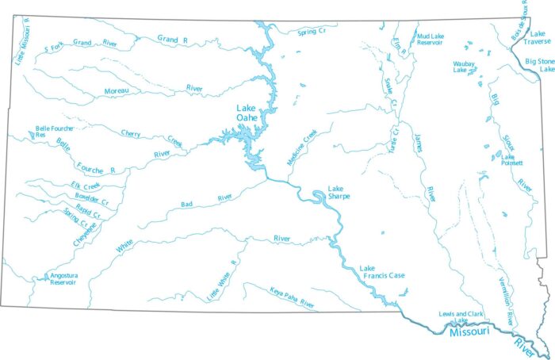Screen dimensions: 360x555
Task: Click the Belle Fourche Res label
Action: [52, 131]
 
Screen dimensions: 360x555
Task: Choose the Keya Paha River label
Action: [292, 297]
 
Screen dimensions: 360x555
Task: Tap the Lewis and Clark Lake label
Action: [467, 316]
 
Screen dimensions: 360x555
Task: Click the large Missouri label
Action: [470, 333]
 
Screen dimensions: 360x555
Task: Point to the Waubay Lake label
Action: [465, 67]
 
